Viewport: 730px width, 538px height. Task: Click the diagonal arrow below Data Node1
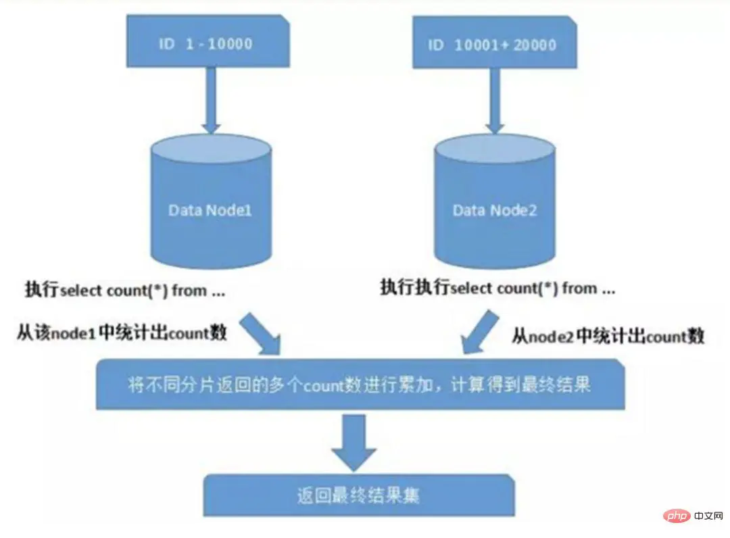(x=262, y=331)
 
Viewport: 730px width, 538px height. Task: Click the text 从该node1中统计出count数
(x=122, y=333)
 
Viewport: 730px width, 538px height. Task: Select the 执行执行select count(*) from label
(x=497, y=289)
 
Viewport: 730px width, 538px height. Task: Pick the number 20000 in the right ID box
(x=533, y=45)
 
